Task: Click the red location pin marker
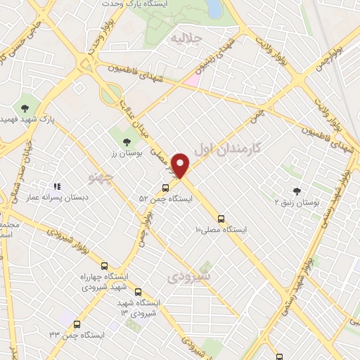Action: click(x=181, y=165)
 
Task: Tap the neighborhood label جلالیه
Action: click(x=187, y=38)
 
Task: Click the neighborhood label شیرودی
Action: click(x=188, y=276)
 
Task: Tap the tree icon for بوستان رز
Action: click(x=127, y=142)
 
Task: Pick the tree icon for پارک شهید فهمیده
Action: click(x=25, y=108)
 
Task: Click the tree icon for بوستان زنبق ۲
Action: click(x=296, y=191)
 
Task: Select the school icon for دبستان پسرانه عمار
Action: click(x=58, y=186)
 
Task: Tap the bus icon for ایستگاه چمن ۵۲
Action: click(x=165, y=188)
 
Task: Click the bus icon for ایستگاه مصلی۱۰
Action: click(x=221, y=219)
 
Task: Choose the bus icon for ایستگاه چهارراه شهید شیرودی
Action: click(x=105, y=266)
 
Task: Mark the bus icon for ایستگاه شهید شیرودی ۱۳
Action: click(x=137, y=291)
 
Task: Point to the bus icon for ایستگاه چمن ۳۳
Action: click(x=77, y=325)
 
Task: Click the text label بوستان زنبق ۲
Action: click(x=297, y=202)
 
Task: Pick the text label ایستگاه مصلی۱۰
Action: click(x=221, y=230)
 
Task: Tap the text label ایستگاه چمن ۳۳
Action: click(x=78, y=335)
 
